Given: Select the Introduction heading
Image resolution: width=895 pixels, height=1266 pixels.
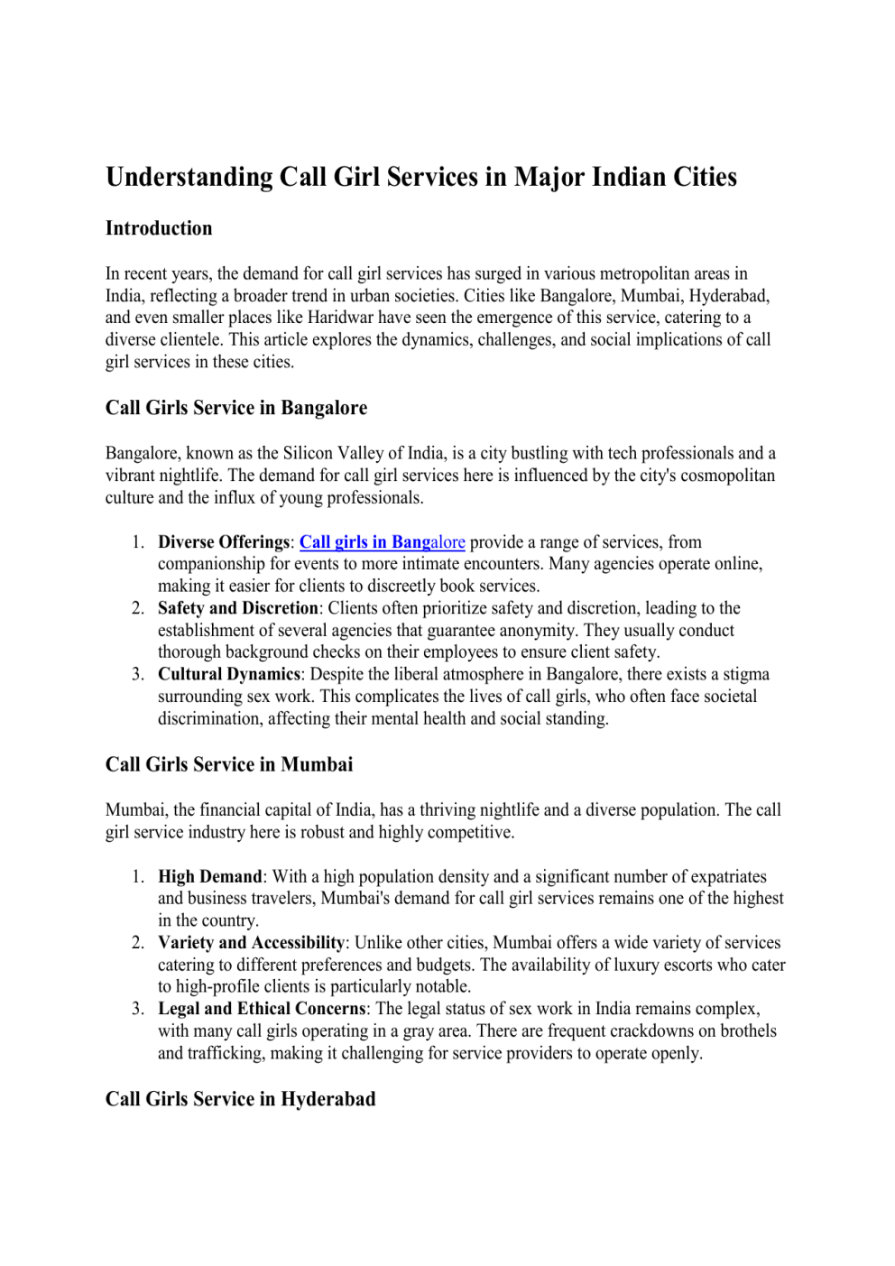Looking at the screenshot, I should pos(159,228).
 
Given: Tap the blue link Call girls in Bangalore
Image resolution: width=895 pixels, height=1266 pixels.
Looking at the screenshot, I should pos(382,542).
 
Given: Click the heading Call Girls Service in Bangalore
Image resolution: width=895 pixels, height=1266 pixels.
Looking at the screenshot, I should pos(236,408).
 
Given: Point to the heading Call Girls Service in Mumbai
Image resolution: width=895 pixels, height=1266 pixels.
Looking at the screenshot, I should pos(229,764).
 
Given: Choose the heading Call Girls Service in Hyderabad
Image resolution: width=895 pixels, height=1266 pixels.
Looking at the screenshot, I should pos(240,1099).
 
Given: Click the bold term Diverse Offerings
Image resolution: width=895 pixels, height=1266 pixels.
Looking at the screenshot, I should pos(224,542).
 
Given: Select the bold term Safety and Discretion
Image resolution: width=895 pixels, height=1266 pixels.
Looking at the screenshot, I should pos(238,608).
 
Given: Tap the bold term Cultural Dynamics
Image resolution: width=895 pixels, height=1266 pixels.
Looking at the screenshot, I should pos(229,674).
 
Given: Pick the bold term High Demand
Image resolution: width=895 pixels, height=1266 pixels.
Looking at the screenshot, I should pos(209,876).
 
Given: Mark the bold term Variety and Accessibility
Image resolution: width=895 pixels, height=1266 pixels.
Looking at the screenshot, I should pos(251,943).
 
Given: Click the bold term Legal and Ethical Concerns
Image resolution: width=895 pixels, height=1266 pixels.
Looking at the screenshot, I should pos(262,1009).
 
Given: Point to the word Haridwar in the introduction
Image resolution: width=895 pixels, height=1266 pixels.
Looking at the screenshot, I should pos(342,318).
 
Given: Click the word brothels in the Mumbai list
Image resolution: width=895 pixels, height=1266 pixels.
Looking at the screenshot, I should pos(745,1030).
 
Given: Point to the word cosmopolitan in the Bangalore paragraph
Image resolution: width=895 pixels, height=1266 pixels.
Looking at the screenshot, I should pos(727,476).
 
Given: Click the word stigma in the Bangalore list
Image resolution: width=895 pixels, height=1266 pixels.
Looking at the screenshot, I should pos(745,674).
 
